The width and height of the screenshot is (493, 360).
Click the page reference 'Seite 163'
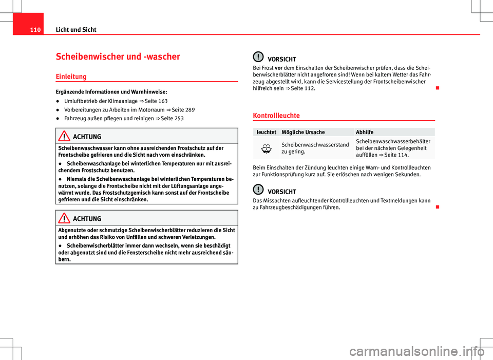tap(156, 101)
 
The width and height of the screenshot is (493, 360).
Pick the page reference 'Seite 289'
tap(183, 109)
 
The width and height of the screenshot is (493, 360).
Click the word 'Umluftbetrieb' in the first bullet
tap(80, 101)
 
